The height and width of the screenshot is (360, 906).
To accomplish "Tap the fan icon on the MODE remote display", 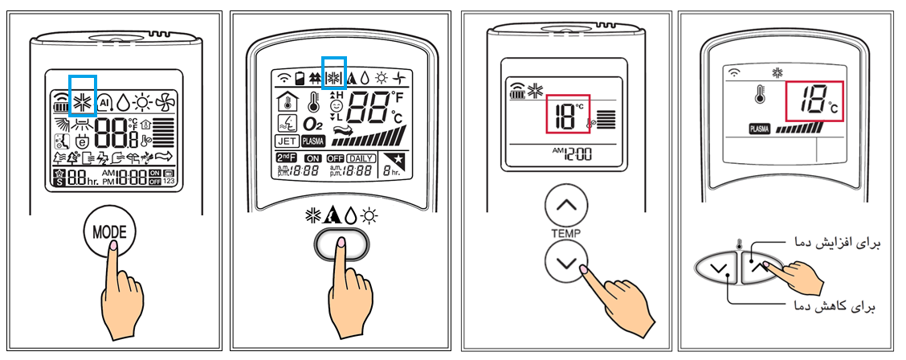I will (x=165, y=101).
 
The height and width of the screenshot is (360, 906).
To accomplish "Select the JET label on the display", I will (x=287, y=141).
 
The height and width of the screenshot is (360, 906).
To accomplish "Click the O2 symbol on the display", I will (x=312, y=124).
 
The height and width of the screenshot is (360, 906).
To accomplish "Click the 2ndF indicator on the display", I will (x=286, y=157).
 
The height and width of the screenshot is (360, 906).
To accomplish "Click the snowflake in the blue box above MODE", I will (x=83, y=101).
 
